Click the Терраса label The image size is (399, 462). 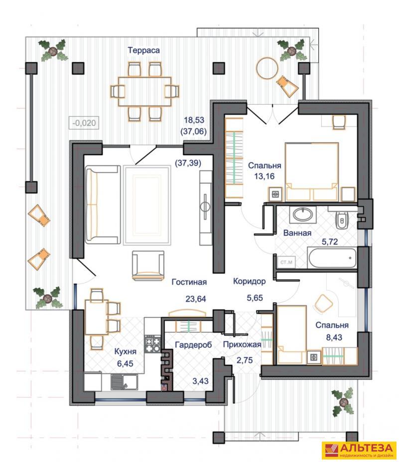tap(143, 50)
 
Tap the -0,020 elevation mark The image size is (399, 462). tap(84, 122)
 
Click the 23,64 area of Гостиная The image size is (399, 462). tap(196, 299)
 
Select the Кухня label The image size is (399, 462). tap(126, 351)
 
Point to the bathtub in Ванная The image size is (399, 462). tap(332, 258)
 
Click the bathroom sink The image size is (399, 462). tap(302, 214)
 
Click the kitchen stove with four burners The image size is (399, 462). tap(152, 344)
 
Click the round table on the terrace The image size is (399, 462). tap(267, 68)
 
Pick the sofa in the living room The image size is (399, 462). tap(102, 205)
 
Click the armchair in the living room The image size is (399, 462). tap(148, 265)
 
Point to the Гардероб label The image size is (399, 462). tap(193, 345)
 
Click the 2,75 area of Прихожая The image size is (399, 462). tap(245, 360)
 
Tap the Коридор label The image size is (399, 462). tap(249, 281)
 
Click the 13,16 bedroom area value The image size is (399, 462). tap(264, 176)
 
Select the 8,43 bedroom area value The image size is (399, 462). tap(334, 337)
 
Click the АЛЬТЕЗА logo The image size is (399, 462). tap(359, 451)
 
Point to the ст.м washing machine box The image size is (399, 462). tap(286, 262)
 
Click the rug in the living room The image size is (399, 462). tap(147, 206)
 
